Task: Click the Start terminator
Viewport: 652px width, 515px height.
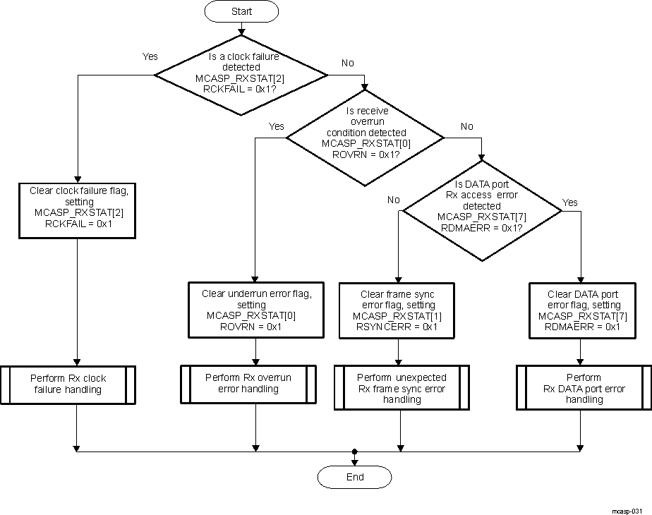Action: tap(241, 12)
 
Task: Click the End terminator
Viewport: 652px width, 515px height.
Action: tap(355, 477)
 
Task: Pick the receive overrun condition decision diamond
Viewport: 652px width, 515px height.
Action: tap(365, 138)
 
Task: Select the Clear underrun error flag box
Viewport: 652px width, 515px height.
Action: tap(255, 310)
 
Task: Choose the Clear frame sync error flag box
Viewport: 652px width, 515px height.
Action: tap(397, 310)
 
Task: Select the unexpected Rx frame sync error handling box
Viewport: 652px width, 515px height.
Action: tap(402, 388)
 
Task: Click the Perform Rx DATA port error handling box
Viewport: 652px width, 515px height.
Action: tap(584, 388)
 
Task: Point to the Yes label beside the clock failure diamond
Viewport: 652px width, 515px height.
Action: tap(150, 56)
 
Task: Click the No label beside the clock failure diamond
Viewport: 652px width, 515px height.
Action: tap(348, 63)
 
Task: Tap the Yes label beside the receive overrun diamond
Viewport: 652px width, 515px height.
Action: tap(277, 126)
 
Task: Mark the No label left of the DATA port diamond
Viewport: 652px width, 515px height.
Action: tap(394, 200)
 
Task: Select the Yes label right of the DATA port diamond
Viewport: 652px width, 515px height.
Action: tap(569, 202)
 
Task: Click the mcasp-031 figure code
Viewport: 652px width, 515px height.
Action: tap(627, 509)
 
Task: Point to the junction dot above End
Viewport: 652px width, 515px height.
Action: tap(355, 451)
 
